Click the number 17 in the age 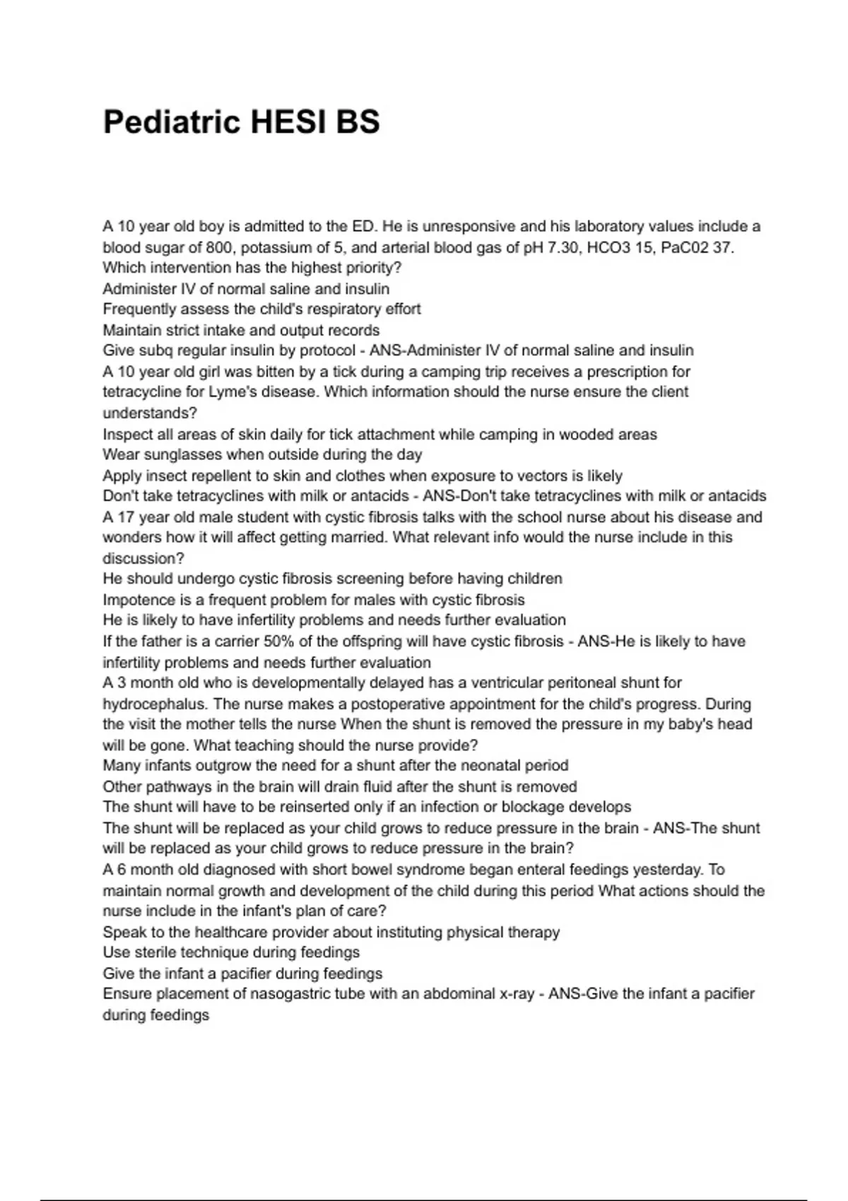[126, 517]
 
